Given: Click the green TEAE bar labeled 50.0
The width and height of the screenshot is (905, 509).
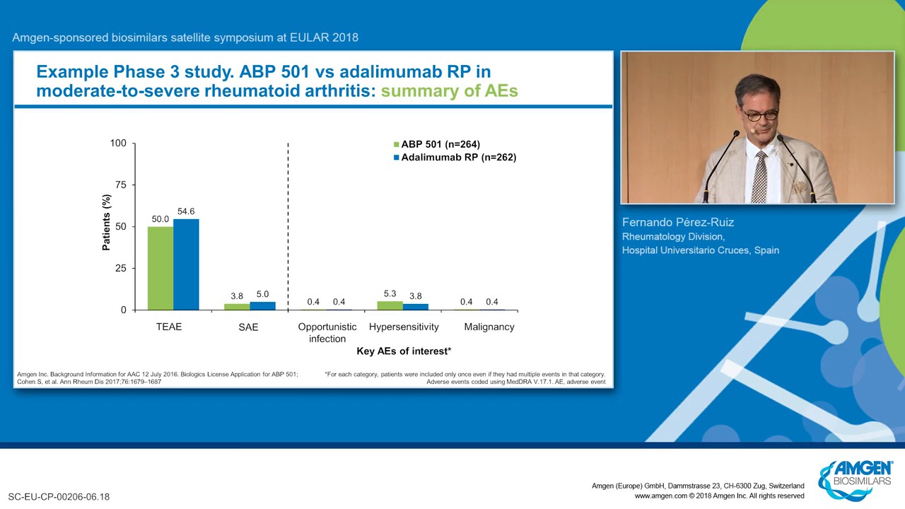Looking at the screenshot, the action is (160, 268).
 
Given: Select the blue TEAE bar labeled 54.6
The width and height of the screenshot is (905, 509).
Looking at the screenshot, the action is (186, 264).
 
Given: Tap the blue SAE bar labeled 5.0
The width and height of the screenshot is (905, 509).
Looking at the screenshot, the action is (262, 306).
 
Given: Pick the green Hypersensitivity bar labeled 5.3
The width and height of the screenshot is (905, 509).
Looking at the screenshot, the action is (390, 306).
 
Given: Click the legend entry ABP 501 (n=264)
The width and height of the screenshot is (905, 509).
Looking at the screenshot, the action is (437, 144).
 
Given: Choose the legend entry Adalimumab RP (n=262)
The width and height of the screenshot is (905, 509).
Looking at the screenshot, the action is (455, 157).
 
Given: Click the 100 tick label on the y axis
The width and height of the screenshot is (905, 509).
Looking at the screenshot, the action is (118, 143).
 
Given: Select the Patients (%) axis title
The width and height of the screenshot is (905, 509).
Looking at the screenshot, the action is (106, 223).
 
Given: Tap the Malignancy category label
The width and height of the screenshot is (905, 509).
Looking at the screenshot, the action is (489, 327).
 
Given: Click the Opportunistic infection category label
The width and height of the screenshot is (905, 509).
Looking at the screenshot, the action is (327, 332).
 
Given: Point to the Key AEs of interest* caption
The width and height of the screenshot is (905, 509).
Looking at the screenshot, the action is (404, 351).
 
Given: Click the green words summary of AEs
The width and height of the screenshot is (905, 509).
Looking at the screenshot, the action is (449, 91).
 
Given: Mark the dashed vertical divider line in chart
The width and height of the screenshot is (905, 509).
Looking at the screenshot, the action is (288, 227).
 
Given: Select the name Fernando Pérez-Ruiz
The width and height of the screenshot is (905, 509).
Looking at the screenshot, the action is (678, 222).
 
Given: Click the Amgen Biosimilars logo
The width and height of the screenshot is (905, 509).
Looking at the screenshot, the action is (855, 480).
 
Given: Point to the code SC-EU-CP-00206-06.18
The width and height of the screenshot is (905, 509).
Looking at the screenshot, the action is (59, 497).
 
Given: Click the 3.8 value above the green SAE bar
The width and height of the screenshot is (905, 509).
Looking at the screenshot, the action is (237, 296).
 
